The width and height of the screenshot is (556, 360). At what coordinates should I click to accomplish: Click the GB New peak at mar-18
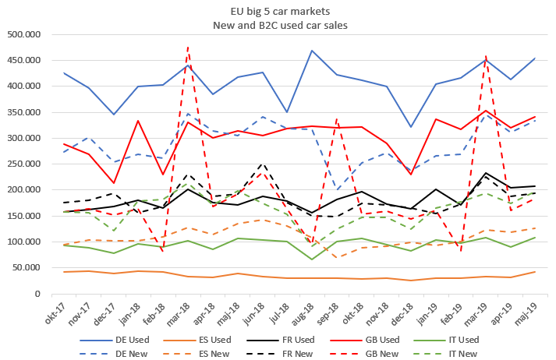(188, 47)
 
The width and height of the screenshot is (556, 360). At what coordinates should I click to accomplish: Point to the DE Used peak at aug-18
(312, 51)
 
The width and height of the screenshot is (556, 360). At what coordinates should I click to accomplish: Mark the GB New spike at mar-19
(486, 56)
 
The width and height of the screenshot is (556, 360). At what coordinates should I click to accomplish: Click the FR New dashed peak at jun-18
(262, 164)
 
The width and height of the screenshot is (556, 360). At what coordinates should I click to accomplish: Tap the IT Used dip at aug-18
(312, 259)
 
